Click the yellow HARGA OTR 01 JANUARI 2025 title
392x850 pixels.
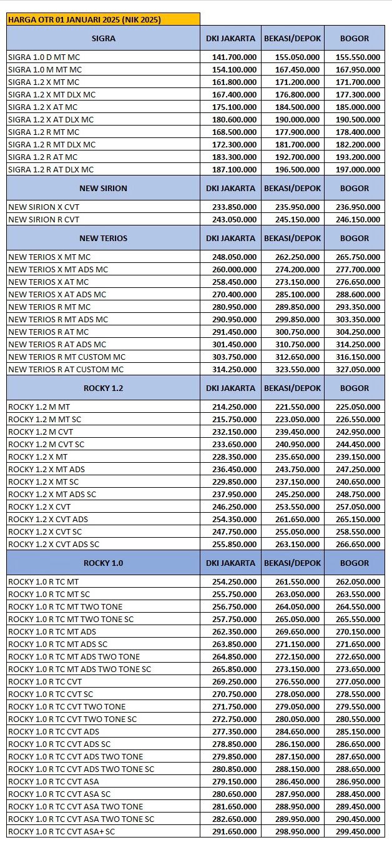[x=85, y=19]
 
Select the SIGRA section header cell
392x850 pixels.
[x=103, y=38]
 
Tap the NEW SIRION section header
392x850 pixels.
[x=103, y=188]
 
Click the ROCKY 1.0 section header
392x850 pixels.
[x=103, y=563]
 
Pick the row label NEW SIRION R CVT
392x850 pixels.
[x=44, y=219]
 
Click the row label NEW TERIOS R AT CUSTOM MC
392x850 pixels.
[x=67, y=369]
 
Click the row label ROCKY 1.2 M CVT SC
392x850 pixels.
[x=46, y=444]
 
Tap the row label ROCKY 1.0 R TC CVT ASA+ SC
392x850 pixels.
[x=61, y=831]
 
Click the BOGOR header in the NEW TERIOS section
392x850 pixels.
[x=355, y=238]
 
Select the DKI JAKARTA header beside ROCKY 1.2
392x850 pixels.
[x=230, y=388]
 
